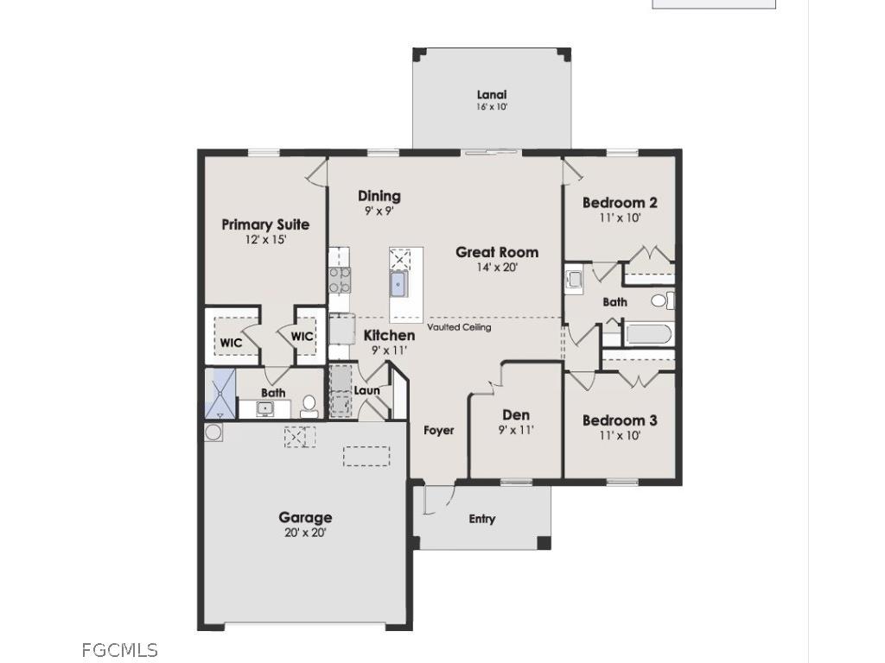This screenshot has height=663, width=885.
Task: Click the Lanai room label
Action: [x=492, y=95]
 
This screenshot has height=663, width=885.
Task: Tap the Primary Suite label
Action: [x=265, y=224]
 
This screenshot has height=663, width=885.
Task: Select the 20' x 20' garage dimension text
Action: [x=305, y=533]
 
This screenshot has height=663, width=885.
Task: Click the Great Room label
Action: [x=497, y=252]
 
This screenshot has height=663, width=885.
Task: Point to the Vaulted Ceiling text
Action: [x=459, y=327]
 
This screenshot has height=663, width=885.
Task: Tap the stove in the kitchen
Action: [x=339, y=280]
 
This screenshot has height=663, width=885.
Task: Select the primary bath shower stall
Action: [x=220, y=393]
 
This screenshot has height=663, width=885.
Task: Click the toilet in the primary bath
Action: [x=309, y=404]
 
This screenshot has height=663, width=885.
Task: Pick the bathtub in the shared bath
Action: [x=648, y=333]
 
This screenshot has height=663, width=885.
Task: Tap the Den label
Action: [x=516, y=415]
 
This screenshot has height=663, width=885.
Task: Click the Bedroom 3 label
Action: [x=620, y=420]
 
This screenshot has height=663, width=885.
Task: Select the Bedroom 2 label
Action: [x=620, y=203]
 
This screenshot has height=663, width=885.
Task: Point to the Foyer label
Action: [x=439, y=430]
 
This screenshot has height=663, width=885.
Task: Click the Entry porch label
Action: [x=482, y=519]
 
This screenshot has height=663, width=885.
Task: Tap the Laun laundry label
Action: [x=367, y=390]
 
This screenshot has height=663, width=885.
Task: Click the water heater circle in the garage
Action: [x=213, y=432]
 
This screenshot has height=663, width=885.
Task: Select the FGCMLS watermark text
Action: [x=120, y=649]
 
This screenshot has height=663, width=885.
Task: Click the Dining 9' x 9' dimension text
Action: [x=379, y=210]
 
